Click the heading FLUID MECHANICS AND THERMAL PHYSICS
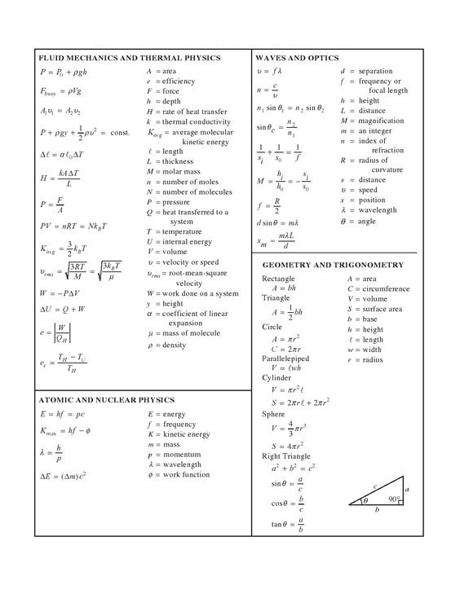click(130, 59)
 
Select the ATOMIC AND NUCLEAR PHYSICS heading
click(106, 401)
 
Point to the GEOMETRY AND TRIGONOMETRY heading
click(333, 266)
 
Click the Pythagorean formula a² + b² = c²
click(294, 468)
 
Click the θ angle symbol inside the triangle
click(355, 500)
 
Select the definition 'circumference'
click(378, 288)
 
